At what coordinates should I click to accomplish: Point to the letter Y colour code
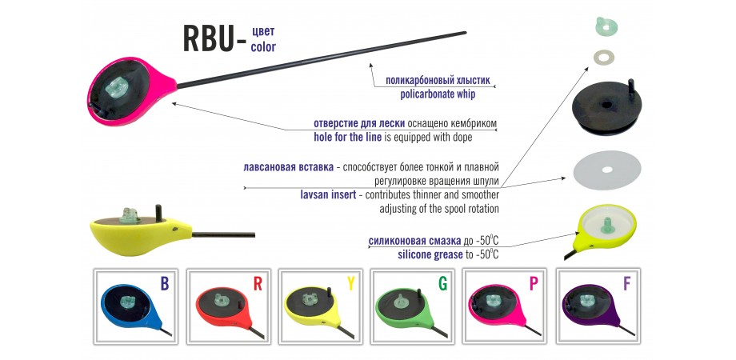(x=350, y=283)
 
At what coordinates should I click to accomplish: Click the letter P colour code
(x=534, y=283)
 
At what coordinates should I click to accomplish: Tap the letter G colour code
(x=442, y=283)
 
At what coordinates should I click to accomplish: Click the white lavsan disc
(x=607, y=170)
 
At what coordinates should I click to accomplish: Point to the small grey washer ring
(x=604, y=58)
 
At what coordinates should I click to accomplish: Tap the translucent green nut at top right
(x=606, y=26)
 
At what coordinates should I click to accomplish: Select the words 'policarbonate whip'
(x=438, y=94)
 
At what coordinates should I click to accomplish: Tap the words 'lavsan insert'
(x=328, y=194)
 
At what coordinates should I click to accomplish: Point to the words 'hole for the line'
(x=347, y=137)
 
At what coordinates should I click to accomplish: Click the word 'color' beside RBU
(x=263, y=47)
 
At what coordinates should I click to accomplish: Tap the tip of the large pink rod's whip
(x=465, y=32)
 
